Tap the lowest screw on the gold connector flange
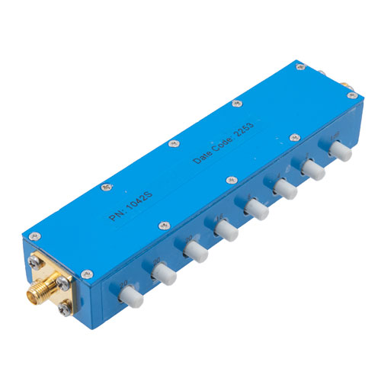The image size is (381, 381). (x=65, y=311)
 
